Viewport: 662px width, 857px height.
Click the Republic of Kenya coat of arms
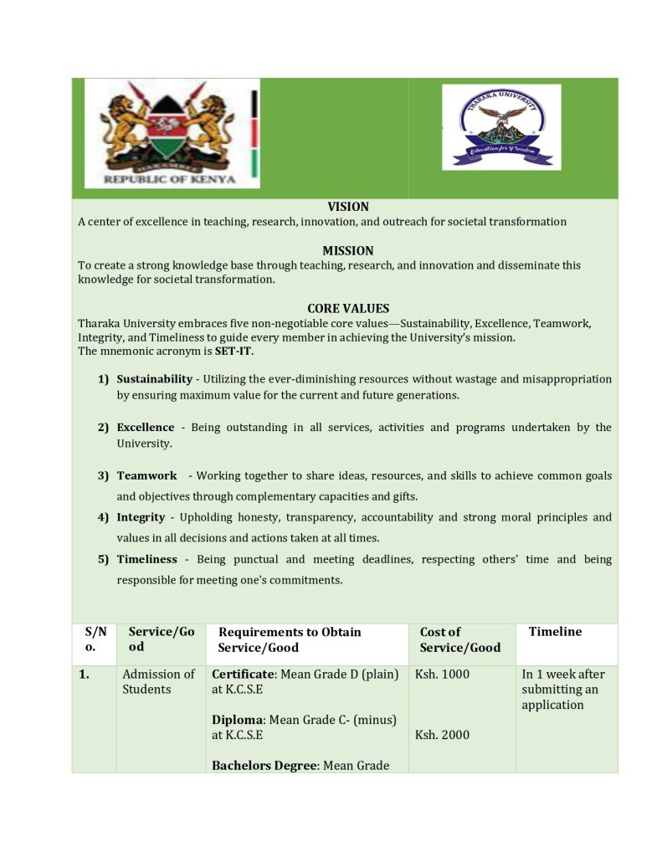[x=172, y=133]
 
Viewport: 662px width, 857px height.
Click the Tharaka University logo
[x=501, y=126]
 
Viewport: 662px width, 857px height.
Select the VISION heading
[x=347, y=207]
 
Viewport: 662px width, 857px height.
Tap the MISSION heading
[x=347, y=250]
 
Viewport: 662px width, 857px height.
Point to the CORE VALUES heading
[x=347, y=308]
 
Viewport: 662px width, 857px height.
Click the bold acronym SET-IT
[x=233, y=351]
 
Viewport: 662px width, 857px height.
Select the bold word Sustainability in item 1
[x=154, y=379]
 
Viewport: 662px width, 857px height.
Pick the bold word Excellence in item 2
[x=146, y=428]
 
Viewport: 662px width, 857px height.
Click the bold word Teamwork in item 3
[x=146, y=476]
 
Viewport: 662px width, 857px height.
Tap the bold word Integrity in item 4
[x=141, y=517]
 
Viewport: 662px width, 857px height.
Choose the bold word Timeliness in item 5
[x=146, y=559]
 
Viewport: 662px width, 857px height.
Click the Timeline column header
[x=555, y=632]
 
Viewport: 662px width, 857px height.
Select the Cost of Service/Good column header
[x=460, y=639]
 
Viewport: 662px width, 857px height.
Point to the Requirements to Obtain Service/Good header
[x=290, y=639]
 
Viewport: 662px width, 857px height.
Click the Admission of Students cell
[x=158, y=681]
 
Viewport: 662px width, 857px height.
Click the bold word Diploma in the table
[x=238, y=720]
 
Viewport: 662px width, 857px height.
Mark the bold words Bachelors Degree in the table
[x=264, y=765]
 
